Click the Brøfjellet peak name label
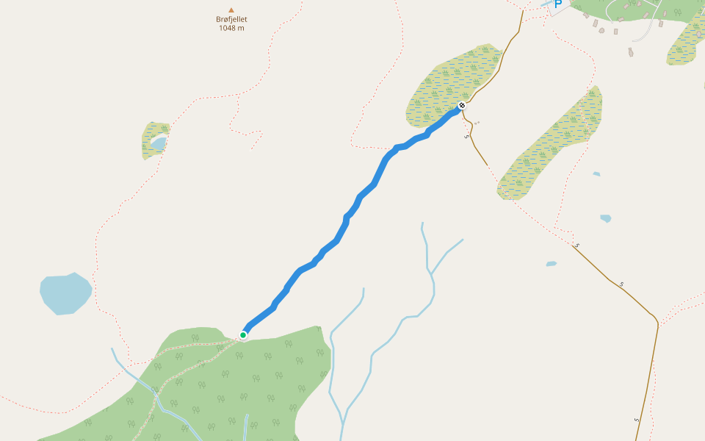click(231, 20)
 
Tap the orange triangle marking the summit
click(231, 10)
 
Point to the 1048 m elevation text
click(231, 28)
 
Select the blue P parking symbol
click(557, 4)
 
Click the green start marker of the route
click(243, 335)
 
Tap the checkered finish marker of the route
click(462, 106)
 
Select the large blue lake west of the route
click(65, 293)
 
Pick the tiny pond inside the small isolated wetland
click(159, 143)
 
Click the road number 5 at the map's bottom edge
click(637, 420)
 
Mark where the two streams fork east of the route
click(431, 273)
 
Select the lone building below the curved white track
click(630, 51)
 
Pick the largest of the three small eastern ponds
click(605, 218)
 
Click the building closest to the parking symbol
click(586, 15)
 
